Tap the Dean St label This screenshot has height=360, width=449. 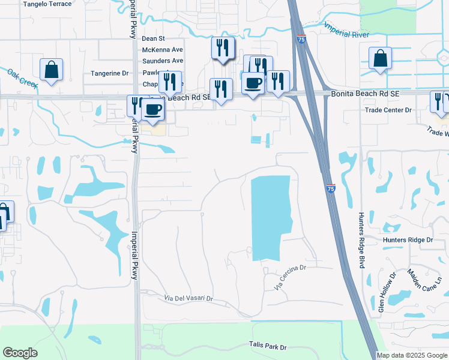coord(153,38)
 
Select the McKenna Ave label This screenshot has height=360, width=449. coord(162,50)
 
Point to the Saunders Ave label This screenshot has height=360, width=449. coord(162,61)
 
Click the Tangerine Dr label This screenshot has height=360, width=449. coord(110,73)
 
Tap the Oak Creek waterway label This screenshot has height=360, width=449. coord(22,79)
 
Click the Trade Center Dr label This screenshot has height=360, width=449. coord(388,110)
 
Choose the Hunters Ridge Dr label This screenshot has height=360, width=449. coord(408,240)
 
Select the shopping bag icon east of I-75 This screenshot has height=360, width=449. coord(380,58)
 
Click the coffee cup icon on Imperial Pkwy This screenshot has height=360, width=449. coord(152,109)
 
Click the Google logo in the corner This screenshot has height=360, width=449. coord(20,353)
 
